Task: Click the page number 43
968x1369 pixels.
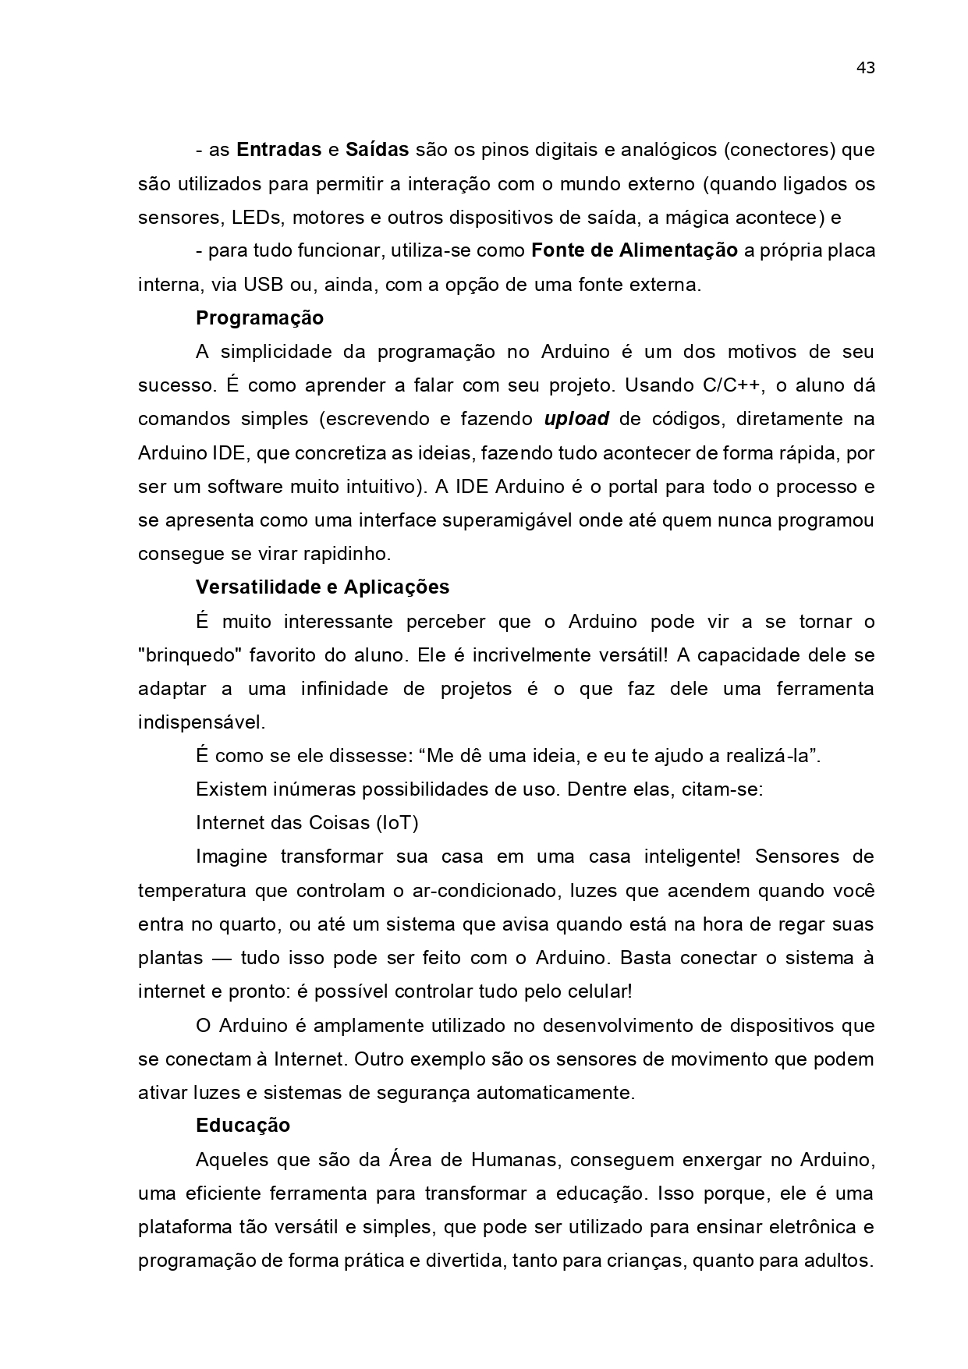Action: (x=865, y=68)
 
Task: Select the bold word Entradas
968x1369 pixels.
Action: (x=278, y=150)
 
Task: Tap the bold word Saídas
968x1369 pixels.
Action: (x=378, y=150)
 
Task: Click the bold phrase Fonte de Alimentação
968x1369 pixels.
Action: (x=634, y=251)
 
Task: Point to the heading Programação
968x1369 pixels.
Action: (x=259, y=318)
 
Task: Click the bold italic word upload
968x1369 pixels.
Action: (x=576, y=419)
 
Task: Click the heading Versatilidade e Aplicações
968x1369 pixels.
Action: (x=322, y=587)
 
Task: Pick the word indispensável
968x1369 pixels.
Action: (x=201, y=722)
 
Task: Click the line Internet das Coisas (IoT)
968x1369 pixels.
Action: (x=307, y=823)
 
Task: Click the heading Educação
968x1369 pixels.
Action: (x=243, y=1126)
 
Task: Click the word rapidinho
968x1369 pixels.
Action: (x=349, y=554)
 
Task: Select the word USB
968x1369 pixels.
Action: (x=264, y=285)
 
